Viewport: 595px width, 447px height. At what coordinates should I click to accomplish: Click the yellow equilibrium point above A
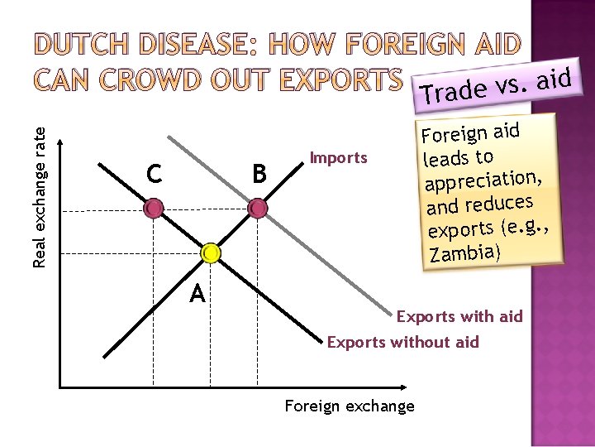pyautogui.click(x=211, y=252)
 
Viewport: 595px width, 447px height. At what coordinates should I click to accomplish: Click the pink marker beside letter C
pyautogui.click(x=154, y=208)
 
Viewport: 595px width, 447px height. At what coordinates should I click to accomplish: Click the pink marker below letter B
pyautogui.click(x=258, y=208)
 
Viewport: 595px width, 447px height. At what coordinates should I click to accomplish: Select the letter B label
pyautogui.click(x=259, y=174)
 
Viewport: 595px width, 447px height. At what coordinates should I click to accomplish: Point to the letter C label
pyautogui.click(x=154, y=174)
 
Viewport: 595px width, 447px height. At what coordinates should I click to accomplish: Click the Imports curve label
pyautogui.click(x=338, y=157)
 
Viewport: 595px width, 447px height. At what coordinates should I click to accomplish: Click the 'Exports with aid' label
pyautogui.click(x=459, y=316)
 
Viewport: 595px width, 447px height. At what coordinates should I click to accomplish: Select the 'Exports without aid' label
pyautogui.click(x=402, y=342)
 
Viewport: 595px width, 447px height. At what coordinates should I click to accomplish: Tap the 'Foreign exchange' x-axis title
pyautogui.click(x=349, y=406)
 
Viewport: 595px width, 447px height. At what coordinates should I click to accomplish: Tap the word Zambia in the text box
pyautogui.click(x=465, y=251)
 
